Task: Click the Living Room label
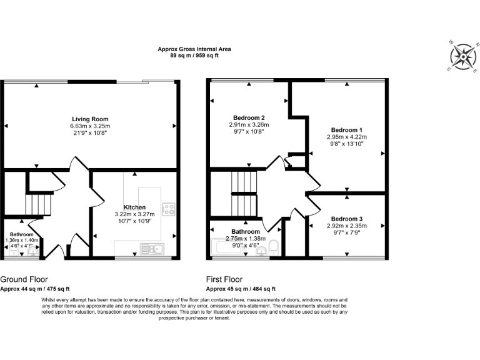[90, 119]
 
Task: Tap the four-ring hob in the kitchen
[168, 208]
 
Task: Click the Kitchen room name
[134, 207]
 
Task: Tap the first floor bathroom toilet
[274, 246]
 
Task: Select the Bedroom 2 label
[249, 117]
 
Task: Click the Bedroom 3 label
[346, 219]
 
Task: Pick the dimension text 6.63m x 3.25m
[90, 126]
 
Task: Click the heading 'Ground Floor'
[24, 279]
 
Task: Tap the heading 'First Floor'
[224, 279]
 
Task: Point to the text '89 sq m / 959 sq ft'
[194, 56]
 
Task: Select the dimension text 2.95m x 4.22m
[346, 137]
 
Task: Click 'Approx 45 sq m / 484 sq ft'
[241, 289]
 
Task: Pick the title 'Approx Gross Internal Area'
[194, 49]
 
